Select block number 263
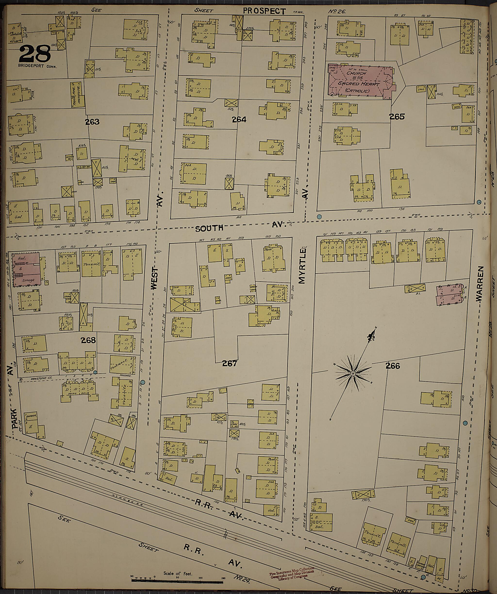(92, 122)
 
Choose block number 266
(393, 366)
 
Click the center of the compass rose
(353, 374)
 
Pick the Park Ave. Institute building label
(75, 95)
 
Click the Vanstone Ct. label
(36, 380)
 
